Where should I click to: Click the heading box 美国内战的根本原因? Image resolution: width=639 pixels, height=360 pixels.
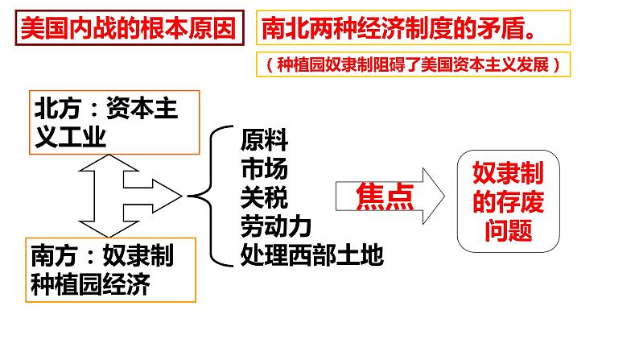point(129,31)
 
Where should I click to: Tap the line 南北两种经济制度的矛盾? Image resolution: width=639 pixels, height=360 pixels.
point(400,31)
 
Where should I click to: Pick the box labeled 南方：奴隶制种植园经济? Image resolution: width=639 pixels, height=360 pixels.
point(101,271)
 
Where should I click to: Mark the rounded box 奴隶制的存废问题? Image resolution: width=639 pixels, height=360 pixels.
point(509,199)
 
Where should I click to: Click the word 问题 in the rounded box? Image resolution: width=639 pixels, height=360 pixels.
point(509,230)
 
